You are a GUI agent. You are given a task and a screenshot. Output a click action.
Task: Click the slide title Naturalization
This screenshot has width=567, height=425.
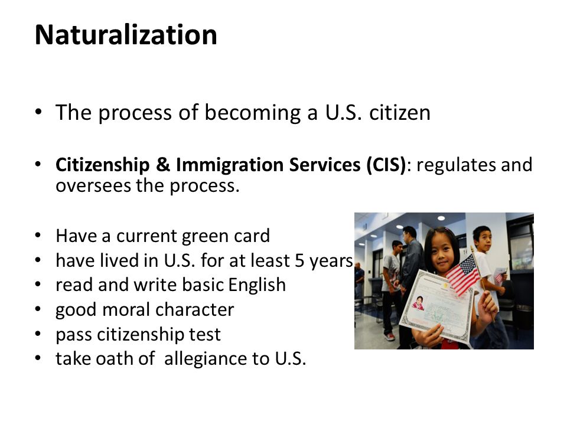tap(126, 35)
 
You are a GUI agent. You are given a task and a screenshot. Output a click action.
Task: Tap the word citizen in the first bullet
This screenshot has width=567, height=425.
tap(400, 112)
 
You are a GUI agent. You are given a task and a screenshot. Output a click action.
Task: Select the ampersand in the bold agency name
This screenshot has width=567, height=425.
tap(163, 165)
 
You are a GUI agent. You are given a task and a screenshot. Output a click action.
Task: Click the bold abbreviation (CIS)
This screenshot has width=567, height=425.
tap(386, 165)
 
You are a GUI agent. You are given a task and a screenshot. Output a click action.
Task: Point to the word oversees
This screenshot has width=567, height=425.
tap(92, 186)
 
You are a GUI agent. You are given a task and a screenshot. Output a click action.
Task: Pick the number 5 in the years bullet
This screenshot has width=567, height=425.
tap(299, 260)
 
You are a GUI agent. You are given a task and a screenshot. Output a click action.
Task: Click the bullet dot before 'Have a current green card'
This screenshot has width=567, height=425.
tap(38, 236)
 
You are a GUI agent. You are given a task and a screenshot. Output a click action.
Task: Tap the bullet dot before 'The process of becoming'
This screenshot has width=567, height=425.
tap(38, 112)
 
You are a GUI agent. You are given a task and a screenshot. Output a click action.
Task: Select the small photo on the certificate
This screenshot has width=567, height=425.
tap(418, 303)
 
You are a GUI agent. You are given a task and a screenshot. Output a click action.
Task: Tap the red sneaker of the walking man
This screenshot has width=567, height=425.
tap(389, 337)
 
